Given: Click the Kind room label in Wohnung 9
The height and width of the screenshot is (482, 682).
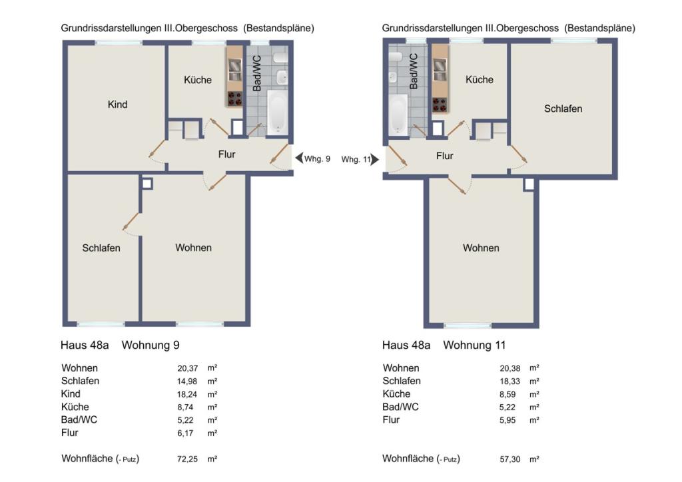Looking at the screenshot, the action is point(117,105).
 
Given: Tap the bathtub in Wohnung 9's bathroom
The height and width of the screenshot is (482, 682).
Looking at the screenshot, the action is point(277,112).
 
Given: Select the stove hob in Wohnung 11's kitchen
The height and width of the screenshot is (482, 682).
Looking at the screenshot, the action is point(440,105).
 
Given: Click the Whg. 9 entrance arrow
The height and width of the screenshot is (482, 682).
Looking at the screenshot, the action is point(299,158).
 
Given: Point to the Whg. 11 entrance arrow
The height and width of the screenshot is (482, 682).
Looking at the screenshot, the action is point(374,160).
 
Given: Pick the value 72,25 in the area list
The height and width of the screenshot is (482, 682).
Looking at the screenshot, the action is point(187,459).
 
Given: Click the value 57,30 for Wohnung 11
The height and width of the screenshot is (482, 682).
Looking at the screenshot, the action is point(510,459).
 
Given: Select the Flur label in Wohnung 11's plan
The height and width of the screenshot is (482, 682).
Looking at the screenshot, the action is point(444,156).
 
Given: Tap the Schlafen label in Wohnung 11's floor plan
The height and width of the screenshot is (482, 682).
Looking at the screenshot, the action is point(563,109).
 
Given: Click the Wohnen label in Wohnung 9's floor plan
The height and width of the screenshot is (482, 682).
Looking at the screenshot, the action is point(194,248).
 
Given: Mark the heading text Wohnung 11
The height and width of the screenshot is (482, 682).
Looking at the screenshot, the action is point(474,345).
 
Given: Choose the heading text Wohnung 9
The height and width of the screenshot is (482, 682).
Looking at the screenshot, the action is point(151,345).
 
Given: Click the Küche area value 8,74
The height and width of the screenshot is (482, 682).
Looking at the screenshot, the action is point(185,407).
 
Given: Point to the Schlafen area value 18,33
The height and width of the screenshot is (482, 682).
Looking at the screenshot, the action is point(510,381).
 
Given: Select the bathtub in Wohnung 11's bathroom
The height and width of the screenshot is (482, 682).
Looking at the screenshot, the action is point(398,114).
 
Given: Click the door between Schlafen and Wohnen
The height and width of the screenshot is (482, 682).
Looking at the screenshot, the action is point(131,221).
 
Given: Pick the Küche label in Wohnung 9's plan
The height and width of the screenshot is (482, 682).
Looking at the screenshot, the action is point(197,80).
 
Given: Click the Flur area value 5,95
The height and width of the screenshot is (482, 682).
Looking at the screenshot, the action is point(508,420).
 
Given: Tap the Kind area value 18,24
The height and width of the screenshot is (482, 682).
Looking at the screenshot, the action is point(187,394).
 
